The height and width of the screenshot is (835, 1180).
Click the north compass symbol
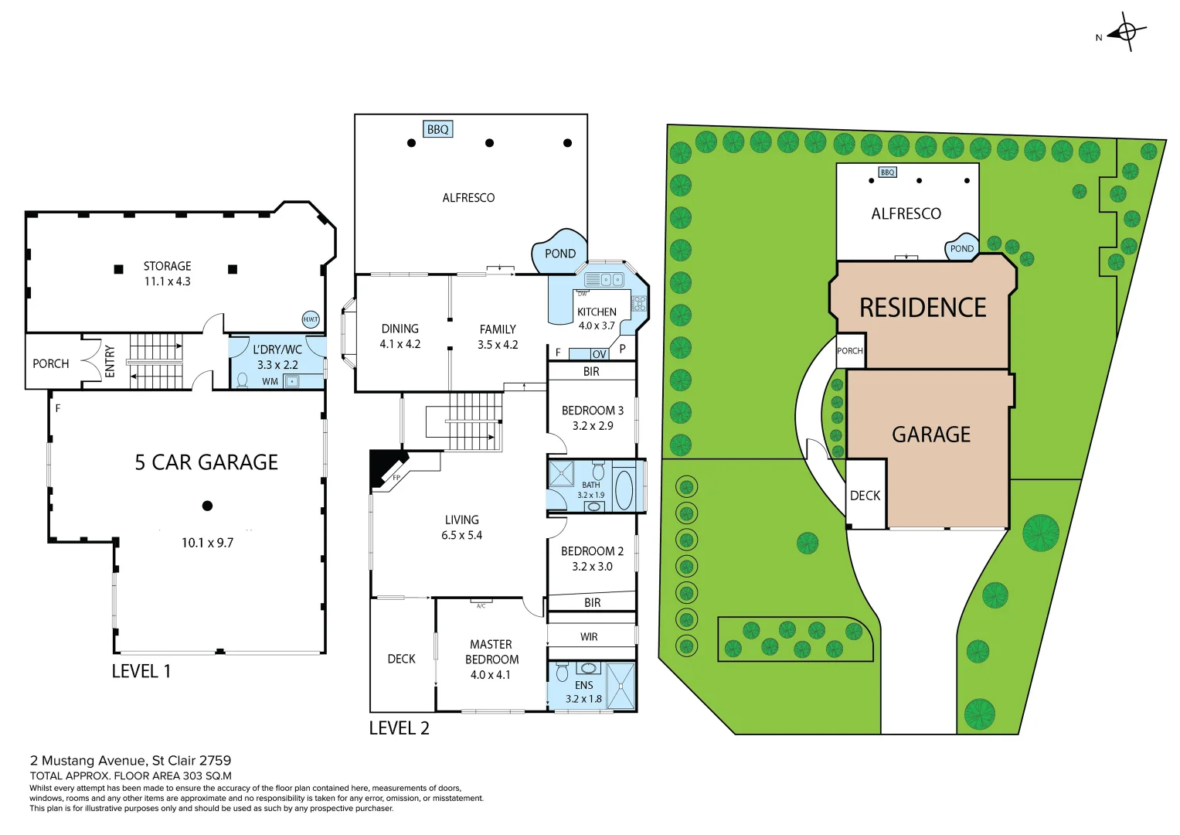tap(1126, 32)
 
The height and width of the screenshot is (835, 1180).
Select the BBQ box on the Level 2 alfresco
tap(437, 129)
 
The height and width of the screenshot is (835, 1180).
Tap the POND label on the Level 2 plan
tap(559, 254)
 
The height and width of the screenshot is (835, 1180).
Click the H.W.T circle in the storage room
tap(310, 319)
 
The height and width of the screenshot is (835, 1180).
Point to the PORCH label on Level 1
tap(51, 363)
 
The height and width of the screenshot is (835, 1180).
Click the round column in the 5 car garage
tap(207, 506)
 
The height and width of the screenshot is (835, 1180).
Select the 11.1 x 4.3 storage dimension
tap(167, 281)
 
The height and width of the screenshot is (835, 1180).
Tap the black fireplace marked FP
tap(386, 466)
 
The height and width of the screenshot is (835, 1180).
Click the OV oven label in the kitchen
tap(600, 354)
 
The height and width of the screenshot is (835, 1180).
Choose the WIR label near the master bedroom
tap(589, 637)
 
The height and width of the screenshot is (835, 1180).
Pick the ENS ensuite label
tap(584, 685)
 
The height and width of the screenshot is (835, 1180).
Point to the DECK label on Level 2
tap(401, 659)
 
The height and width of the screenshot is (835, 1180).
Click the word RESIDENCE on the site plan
tap(923, 308)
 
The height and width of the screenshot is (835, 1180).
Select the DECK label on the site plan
tap(865, 496)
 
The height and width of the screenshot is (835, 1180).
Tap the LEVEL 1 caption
tap(141, 671)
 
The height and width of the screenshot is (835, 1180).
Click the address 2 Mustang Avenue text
tap(131, 761)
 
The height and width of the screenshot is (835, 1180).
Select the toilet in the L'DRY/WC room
tap(243, 380)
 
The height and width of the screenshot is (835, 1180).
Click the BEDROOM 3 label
tap(592, 411)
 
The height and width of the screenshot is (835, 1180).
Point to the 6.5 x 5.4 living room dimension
tap(461, 535)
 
